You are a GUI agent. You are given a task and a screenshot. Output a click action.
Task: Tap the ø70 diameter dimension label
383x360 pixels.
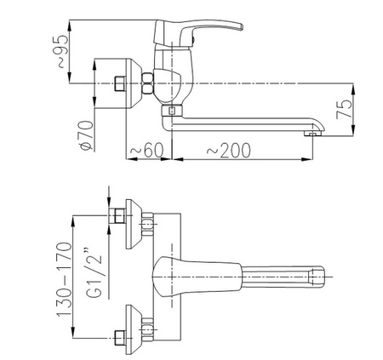[87, 135]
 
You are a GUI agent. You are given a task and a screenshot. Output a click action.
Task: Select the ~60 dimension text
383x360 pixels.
[147, 150]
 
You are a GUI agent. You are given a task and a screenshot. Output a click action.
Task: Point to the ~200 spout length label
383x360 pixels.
[229, 150]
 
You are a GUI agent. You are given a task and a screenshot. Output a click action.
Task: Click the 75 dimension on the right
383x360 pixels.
[344, 109]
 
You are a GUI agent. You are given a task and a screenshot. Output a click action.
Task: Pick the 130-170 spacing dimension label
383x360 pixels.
[64, 279]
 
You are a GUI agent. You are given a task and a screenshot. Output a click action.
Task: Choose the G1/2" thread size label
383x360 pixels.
[94, 272]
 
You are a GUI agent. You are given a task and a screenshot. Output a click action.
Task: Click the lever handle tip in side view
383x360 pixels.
[241, 26]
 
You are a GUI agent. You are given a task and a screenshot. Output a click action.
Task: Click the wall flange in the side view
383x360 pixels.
[134, 83]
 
